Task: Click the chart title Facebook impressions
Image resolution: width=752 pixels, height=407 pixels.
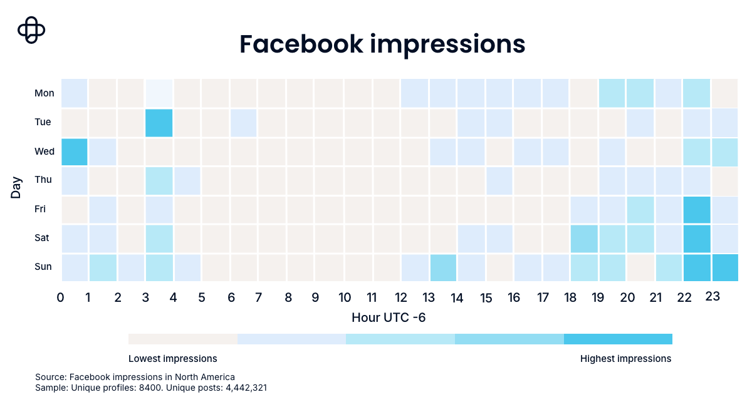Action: pos(382,44)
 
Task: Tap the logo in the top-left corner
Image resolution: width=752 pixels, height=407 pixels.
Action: pos(32,30)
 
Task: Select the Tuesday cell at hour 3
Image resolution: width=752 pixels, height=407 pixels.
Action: pos(159,122)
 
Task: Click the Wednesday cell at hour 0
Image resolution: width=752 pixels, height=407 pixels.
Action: pos(74,151)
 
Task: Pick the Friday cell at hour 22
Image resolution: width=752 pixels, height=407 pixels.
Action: pos(697,209)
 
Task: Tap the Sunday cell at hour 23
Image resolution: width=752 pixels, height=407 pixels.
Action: pos(725,267)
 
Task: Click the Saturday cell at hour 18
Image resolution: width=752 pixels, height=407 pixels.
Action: pos(583,238)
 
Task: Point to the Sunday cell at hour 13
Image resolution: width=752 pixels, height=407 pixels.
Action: pos(442,267)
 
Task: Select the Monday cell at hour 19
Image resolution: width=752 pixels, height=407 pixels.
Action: pos(612,93)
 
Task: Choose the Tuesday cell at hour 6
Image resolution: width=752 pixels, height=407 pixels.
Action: pos(244,122)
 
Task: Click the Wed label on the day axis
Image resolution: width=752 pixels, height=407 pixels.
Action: pos(44,151)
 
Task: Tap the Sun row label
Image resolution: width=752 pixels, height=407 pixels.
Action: pos(43,267)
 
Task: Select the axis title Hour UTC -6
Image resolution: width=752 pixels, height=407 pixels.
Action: pos(389,317)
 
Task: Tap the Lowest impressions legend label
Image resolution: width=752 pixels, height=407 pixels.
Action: pos(172,359)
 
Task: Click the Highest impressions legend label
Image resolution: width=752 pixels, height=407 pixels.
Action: pos(625,359)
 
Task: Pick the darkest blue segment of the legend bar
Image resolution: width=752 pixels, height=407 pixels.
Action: pos(618,339)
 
